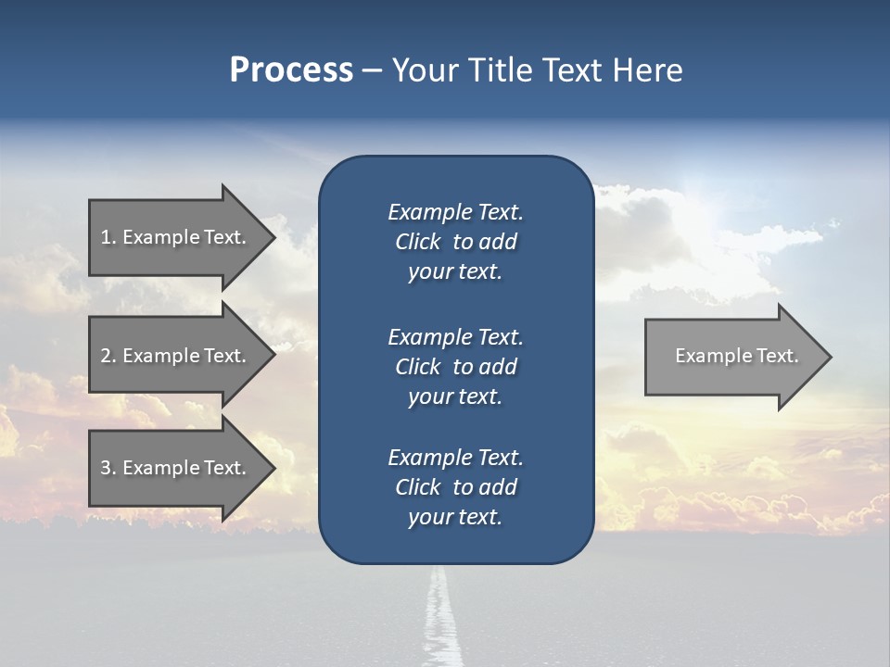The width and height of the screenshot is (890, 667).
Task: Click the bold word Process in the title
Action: click(291, 70)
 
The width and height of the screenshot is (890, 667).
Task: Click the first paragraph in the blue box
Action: click(455, 242)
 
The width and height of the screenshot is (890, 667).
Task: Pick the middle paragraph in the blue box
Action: click(455, 367)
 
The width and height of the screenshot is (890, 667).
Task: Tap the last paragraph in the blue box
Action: click(455, 487)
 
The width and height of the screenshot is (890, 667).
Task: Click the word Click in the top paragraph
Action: click(417, 242)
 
